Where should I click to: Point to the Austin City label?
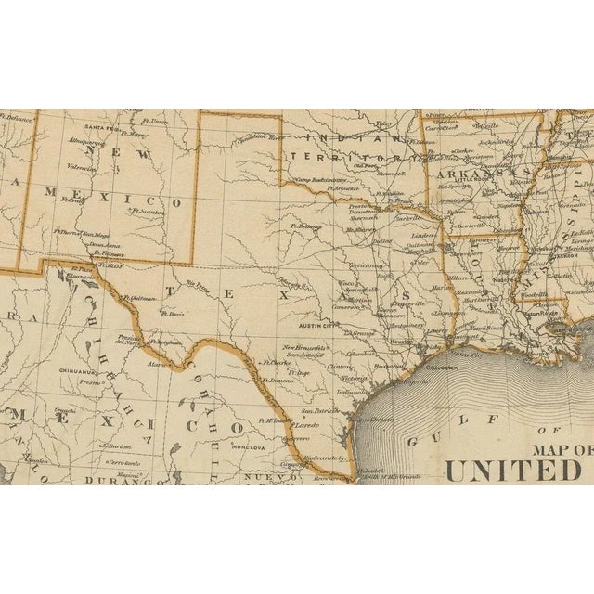tap(317, 326)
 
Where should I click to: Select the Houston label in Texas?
tap(400, 342)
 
